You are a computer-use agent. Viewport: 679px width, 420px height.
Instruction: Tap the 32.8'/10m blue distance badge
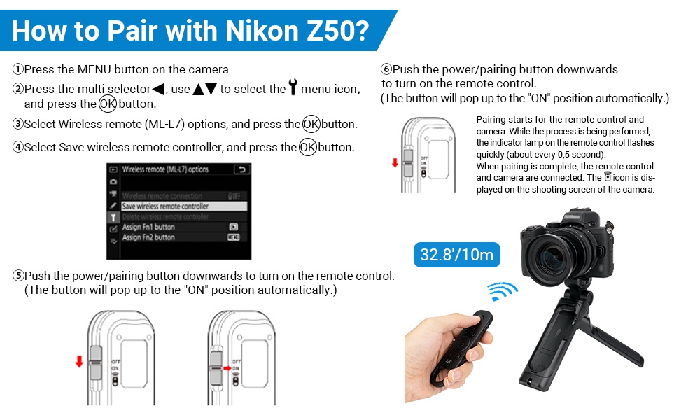point(458,253)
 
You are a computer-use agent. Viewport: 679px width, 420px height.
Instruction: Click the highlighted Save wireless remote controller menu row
point(166,206)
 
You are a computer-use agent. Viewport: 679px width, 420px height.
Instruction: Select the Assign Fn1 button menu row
point(149,227)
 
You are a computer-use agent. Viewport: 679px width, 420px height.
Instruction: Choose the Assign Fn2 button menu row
point(149,237)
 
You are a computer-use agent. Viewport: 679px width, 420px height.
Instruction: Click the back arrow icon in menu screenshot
point(241,169)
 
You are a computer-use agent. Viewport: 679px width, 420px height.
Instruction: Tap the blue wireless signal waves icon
point(502,290)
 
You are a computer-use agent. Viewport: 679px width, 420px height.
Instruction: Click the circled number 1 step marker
point(18,70)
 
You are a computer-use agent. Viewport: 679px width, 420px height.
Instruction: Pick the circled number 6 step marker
point(386,70)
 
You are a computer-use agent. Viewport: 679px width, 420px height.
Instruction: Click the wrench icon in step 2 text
point(293,89)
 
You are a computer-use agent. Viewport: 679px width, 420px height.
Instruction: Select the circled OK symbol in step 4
point(307,148)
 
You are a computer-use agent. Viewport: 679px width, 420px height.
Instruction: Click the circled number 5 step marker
point(18,276)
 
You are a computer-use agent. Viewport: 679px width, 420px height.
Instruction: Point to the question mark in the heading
point(357,31)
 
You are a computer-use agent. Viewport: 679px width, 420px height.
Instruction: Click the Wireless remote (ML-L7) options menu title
point(166,169)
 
